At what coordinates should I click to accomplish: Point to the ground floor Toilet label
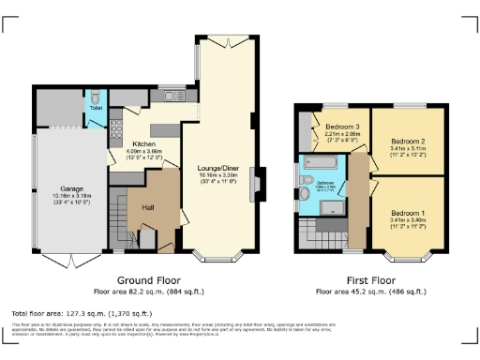(x=96, y=108)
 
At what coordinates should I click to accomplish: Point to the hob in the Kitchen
(x=115, y=131)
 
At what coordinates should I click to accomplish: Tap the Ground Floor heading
(x=149, y=280)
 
